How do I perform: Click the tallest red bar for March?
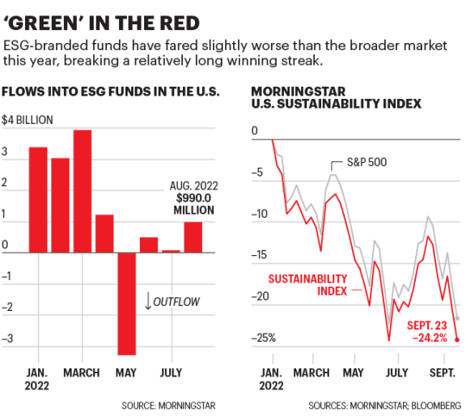tap(82, 191)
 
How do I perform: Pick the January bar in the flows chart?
tap(38, 199)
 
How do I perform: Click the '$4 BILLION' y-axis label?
tap(27, 120)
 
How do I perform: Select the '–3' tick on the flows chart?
tap(7, 340)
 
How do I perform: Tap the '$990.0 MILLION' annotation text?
tap(193, 203)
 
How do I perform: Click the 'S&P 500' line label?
tap(366, 162)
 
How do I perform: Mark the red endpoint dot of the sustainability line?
tap(457, 340)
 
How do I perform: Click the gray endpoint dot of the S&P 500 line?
tap(457, 318)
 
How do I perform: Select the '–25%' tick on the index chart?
tap(264, 338)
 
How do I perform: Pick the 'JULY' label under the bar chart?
tap(171, 373)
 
